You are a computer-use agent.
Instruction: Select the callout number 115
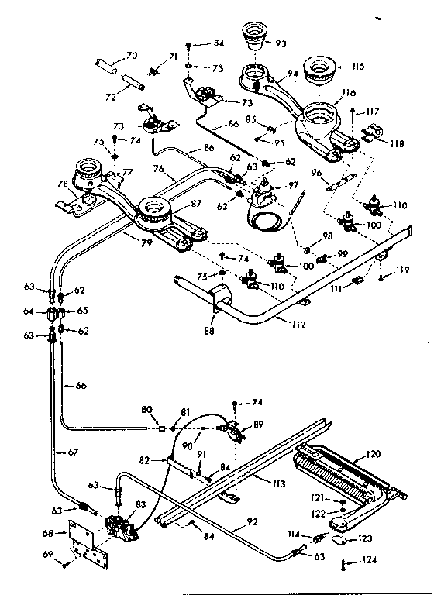click(358, 66)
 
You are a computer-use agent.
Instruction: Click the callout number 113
click(273, 484)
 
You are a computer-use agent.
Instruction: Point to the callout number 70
click(131, 55)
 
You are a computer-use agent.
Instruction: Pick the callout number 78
click(63, 185)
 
